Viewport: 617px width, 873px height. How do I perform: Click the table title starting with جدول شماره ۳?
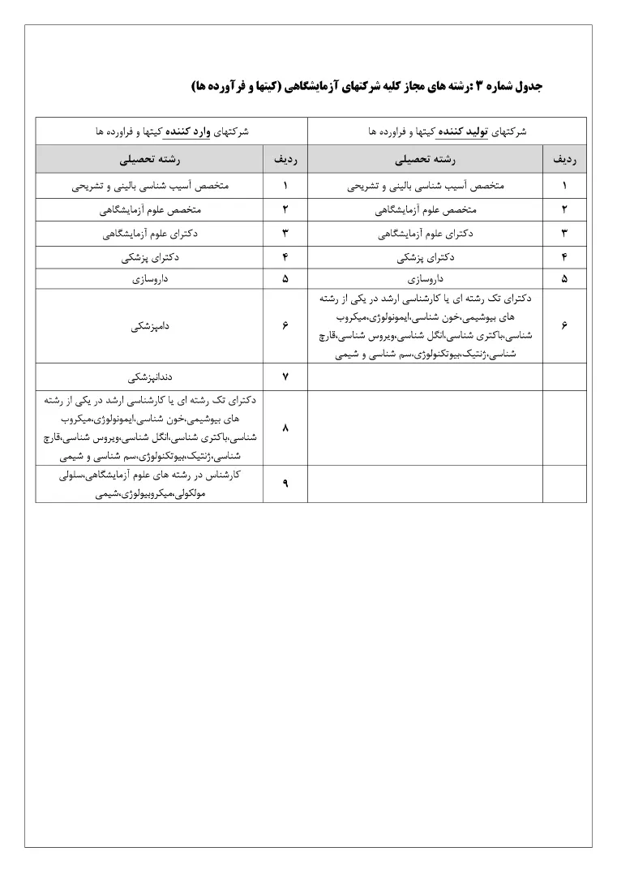click(367, 86)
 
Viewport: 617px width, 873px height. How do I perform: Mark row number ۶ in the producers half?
click(563, 325)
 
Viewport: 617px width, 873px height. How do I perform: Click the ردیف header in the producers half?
click(563, 160)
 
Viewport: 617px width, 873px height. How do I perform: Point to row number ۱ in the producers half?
click(563, 186)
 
